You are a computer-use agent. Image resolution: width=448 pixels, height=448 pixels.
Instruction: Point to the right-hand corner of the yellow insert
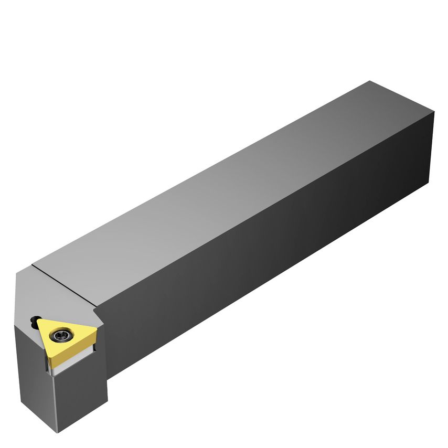(97, 329)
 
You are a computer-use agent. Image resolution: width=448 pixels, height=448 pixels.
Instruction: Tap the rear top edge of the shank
(401, 97)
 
